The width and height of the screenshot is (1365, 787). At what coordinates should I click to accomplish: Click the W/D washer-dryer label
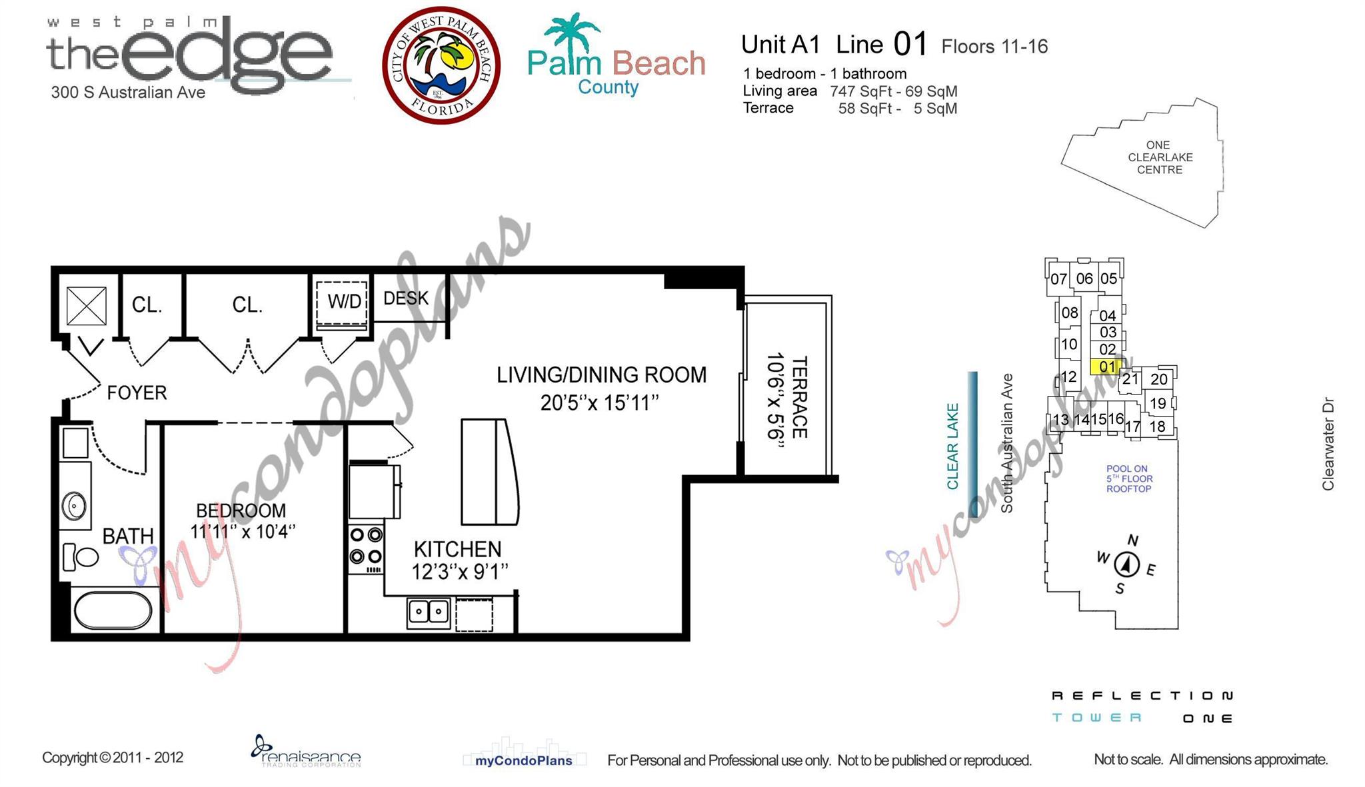tap(344, 302)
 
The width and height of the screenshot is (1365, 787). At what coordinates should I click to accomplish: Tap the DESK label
tap(406, 298)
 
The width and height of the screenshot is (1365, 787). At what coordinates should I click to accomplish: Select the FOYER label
tap(137, 393)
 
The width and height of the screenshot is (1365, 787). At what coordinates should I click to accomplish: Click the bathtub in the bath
tap(113, 610)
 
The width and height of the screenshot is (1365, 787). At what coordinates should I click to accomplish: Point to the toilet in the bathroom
tap(81, 556)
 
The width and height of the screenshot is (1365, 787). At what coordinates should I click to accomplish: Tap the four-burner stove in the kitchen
tap(366, 549)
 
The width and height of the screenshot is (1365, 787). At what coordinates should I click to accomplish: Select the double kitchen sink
tap(429, 612)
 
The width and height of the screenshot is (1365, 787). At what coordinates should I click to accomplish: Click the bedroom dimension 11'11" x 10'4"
tap(242, 532)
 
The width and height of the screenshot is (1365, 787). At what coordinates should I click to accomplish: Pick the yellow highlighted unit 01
tap(1106, 367)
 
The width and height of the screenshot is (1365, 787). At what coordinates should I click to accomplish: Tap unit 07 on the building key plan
tap(1058, 279)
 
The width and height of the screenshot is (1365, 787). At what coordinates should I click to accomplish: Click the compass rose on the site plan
tap(1126, 564)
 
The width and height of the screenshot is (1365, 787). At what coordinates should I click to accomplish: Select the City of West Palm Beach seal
tap(441, 65)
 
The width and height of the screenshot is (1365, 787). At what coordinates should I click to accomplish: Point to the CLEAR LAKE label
tap(952, 446)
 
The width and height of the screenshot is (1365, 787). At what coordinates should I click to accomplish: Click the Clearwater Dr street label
tap(1328, 444)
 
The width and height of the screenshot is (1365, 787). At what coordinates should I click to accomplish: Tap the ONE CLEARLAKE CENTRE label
tap(1160, 157)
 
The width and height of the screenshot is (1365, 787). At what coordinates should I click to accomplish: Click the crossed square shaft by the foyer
tap(87, 306)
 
